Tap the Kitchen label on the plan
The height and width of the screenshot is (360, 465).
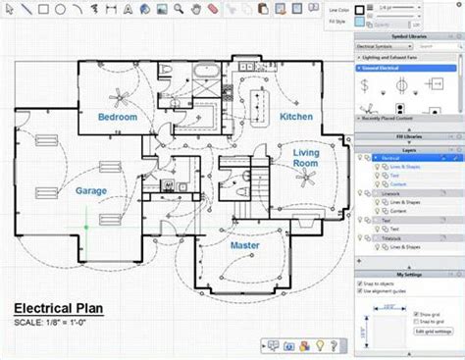[296, 117]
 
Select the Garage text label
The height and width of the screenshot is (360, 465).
[91, 191]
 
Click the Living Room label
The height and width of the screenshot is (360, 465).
[306, 158]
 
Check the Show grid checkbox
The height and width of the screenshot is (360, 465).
[417, 315]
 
